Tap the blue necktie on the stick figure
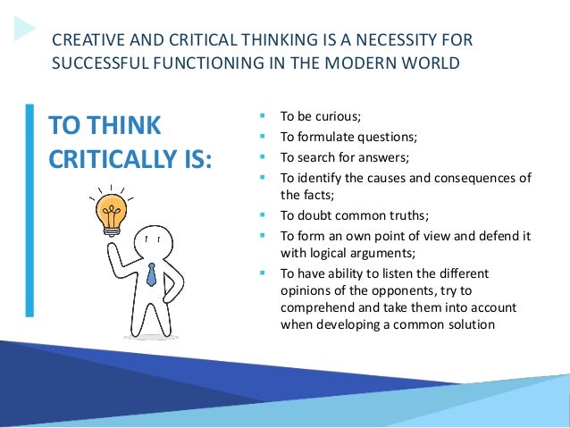[x=151, y=274]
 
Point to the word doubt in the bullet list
[x=313, y=215]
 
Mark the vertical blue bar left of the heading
[x=29, y=210]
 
